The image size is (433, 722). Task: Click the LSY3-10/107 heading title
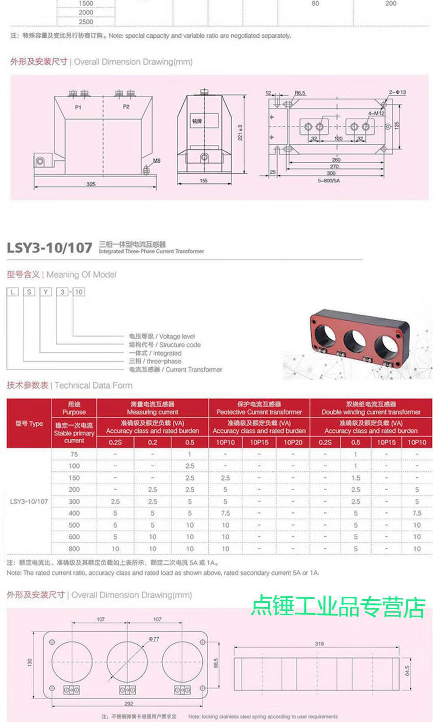point(49,248)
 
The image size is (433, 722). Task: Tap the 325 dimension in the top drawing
point(91,184)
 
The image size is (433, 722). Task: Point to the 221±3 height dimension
point(240,133)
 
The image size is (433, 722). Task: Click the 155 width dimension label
point(203,181)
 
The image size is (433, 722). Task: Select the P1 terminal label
point(78,107)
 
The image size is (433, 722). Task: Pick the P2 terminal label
point(126,107)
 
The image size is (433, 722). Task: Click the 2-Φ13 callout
point(397,92)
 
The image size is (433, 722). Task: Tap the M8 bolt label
point(157,161)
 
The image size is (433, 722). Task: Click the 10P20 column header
point(293,442)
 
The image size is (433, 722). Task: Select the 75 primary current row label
point(74,454)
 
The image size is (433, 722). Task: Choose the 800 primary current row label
point(74,549)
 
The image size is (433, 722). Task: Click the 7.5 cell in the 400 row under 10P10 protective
point(225,513)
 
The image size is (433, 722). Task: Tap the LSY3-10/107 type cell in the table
point(29,501)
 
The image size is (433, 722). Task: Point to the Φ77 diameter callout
point(154,639)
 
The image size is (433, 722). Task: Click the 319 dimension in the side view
point(319,644)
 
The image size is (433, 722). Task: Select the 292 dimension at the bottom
point(128,704)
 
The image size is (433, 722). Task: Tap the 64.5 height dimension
point(407,671)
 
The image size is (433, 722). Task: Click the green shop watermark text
point(338,607)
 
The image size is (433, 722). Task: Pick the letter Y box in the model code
point(45,292)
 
